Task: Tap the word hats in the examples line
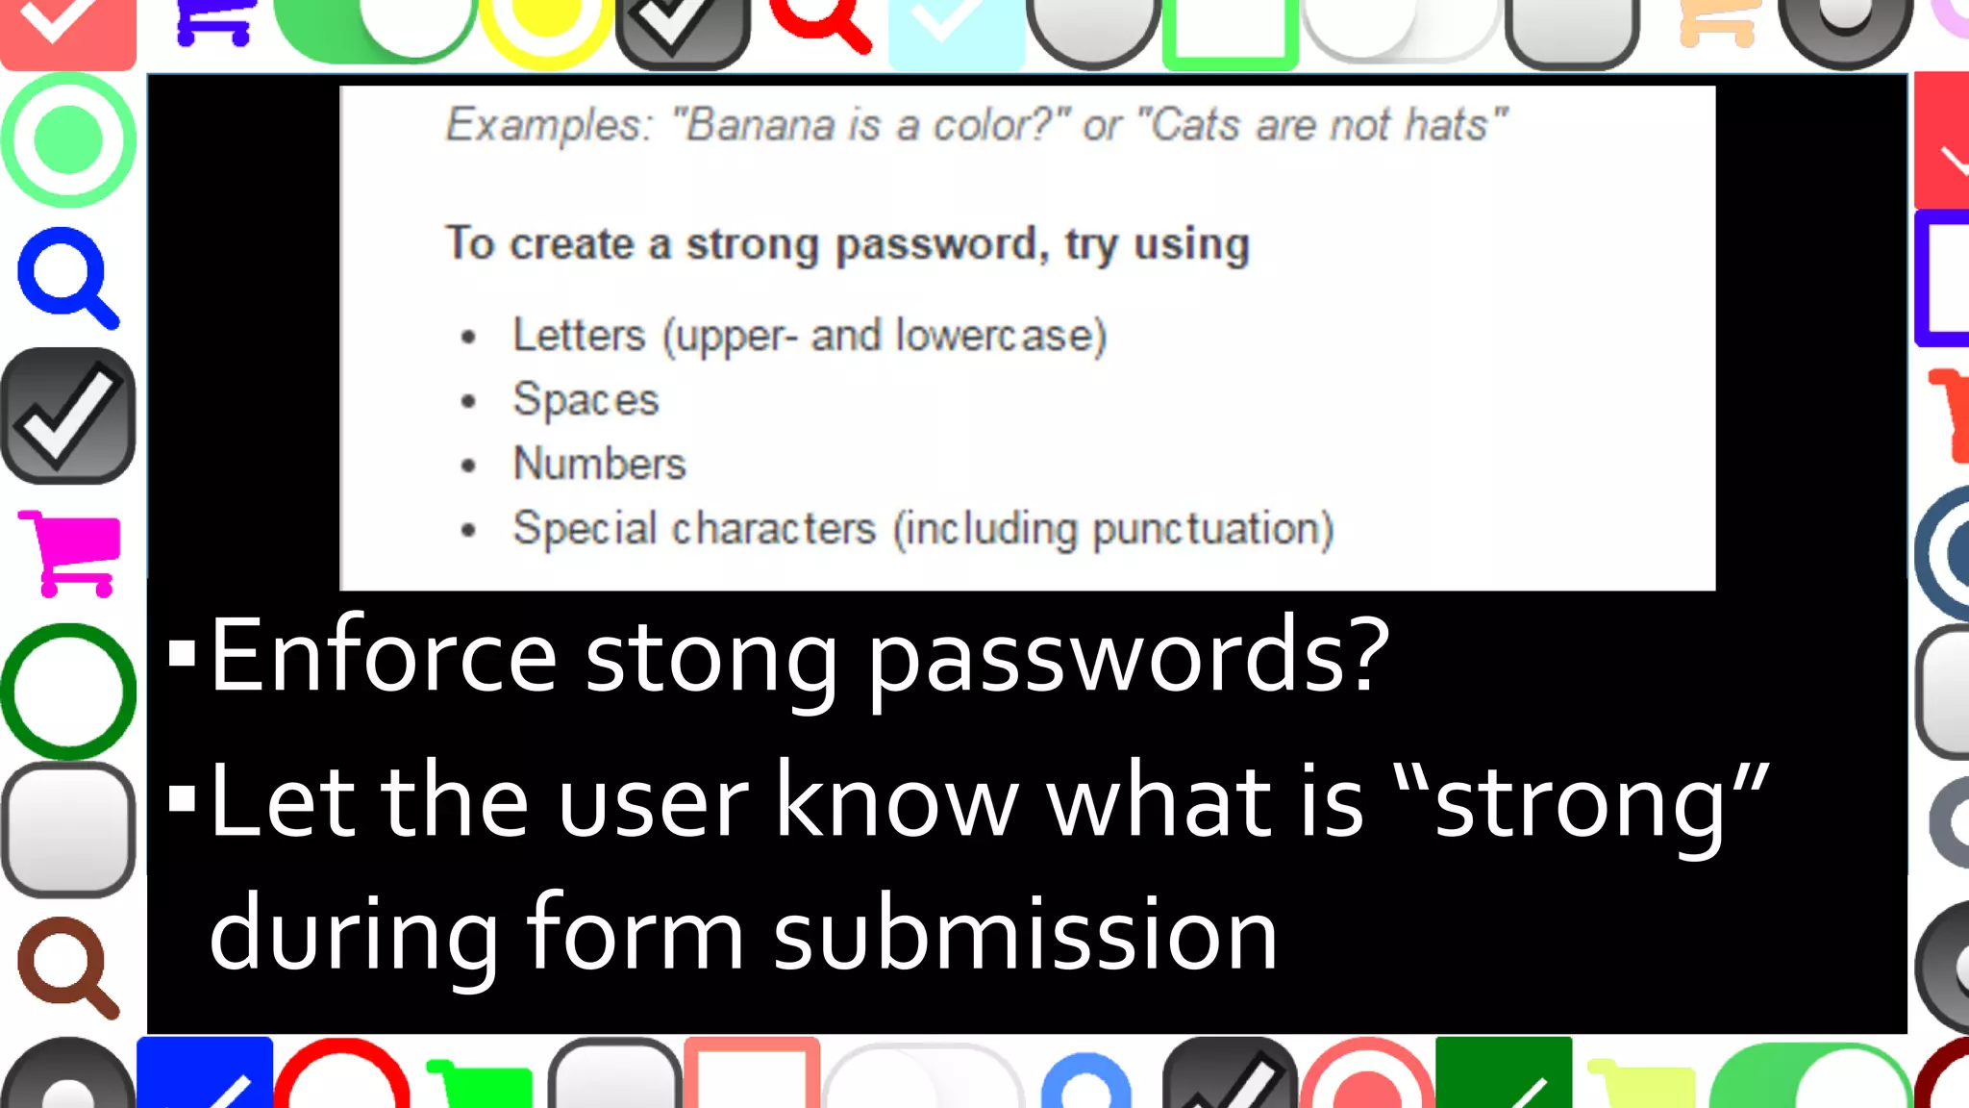tap(1452, 125)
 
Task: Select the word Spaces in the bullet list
tap(586, 400)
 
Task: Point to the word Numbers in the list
tap(599, 464)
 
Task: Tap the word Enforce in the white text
tap(383, 656)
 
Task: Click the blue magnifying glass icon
tap(67, 277)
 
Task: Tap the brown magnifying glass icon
tap(67, 967)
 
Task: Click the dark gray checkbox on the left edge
tap(68, 415)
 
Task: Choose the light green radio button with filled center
tap(68, 140)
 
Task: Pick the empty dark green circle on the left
tap(68, 691)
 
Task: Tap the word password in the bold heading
tap(939, 244)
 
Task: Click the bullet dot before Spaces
tap(468, 401)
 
